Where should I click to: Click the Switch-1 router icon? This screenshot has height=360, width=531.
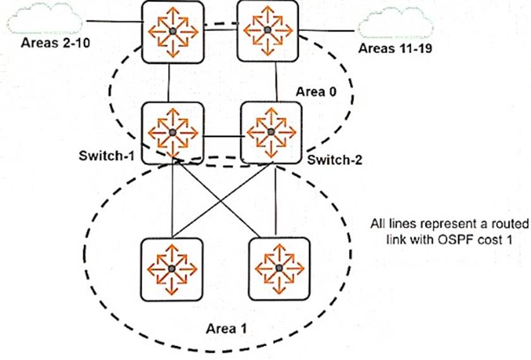point(171,132)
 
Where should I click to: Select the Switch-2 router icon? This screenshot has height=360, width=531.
point(271,132)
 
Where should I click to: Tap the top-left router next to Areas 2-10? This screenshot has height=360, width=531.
point(171,31)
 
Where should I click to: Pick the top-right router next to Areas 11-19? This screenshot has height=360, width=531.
point(267,30)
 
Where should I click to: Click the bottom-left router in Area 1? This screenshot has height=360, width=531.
point(171,268)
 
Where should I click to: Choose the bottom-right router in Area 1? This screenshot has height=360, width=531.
point(279,268)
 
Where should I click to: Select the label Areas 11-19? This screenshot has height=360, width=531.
point(395,49)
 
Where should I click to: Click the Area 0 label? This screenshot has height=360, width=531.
point(315,92)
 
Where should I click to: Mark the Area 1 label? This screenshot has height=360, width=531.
point(226,329)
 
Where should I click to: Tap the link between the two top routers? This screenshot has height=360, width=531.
point(219,28)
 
